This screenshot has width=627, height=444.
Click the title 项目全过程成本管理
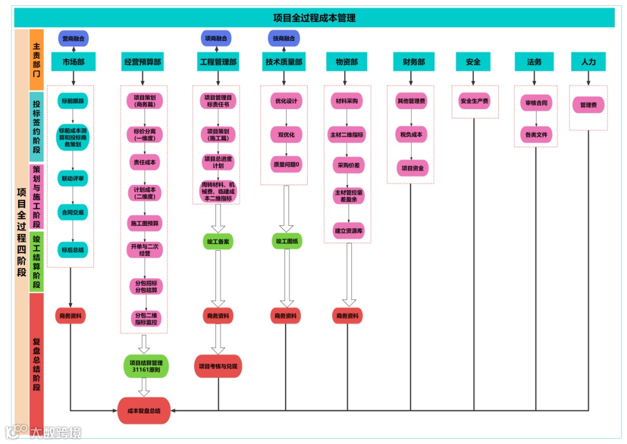[x=314, y=18]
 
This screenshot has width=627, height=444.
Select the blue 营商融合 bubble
[x=73, y=38]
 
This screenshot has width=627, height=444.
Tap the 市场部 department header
[x=73, y=62]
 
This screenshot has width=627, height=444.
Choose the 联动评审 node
[x=73, y=178]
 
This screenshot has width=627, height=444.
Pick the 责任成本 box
[x=145, y=163]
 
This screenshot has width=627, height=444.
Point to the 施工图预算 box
[x=145, y=223]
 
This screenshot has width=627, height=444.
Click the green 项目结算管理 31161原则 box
[x=146, y=366]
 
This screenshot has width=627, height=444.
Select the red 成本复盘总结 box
[x=143, y=410]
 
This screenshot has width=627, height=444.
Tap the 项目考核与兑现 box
[x=218, y=366]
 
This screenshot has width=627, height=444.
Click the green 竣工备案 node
[x=218, y=241]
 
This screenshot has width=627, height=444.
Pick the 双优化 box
[x=286, y=135]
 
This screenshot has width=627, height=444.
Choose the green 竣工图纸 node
[x=286, y=241]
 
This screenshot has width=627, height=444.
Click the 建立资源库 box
[x=348, y=230]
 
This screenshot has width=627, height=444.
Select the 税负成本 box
[x=411, y=135]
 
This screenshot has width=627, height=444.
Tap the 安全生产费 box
[x=474, y=101]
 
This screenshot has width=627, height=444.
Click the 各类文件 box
[x=536, y=135]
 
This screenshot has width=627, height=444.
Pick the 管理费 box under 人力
[x=588, y=105]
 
